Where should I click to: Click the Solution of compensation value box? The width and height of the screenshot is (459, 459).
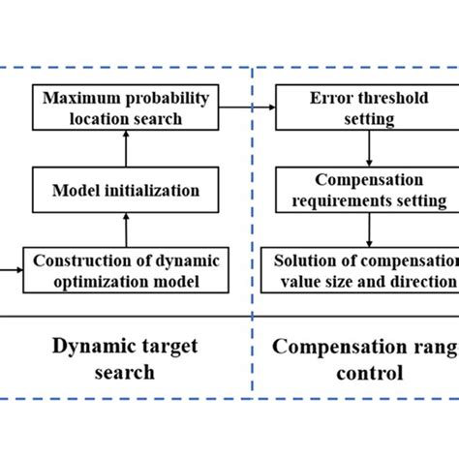[x=364, y=270]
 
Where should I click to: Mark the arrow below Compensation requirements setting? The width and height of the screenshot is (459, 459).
[x=369, y=230]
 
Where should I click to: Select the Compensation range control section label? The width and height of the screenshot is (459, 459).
[x=362, y=356]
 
